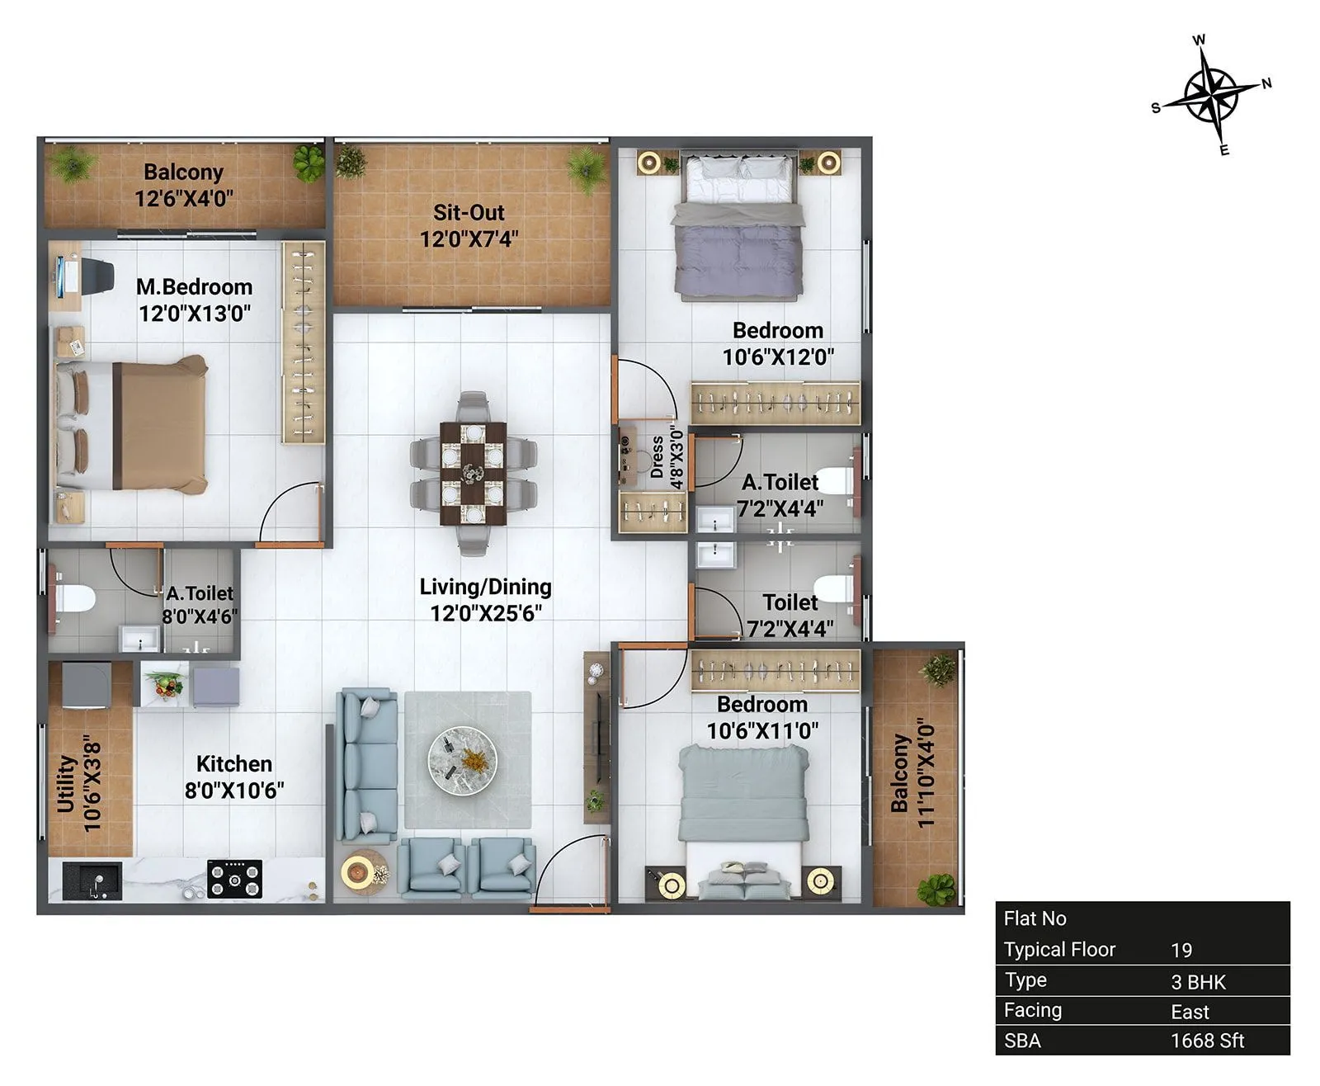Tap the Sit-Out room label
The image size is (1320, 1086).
(469, 213)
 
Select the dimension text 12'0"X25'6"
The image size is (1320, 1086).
(485, 613)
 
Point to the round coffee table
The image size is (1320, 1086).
(462, 760)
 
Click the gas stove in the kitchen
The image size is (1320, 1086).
(234, 879)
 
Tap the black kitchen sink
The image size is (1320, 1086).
(92, 881)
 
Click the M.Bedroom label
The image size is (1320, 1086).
(194, 287)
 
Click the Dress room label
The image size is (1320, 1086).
(657, 457)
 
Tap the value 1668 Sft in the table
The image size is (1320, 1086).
(1206, 1041)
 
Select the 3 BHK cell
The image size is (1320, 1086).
(1198, 982)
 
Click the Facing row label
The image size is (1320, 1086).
(1032, 1010)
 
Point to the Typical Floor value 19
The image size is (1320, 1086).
(1181, 950)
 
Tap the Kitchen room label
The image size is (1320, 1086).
(234, 764)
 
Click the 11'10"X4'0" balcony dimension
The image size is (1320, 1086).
(926, 776)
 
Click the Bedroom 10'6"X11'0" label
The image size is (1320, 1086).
(761, 717)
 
